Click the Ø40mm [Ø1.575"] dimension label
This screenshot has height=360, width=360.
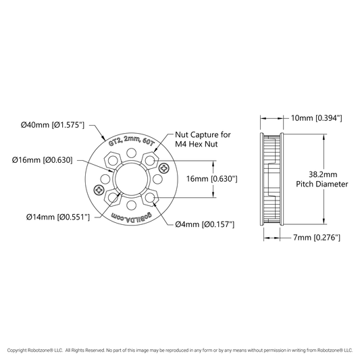click(53, 125)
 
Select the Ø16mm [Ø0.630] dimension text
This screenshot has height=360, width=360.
click(43, 160)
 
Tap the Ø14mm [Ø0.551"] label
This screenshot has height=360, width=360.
click(58, 217)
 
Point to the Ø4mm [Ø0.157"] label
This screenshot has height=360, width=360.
click(205, 224)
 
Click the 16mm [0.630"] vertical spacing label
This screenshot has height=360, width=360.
click(211, 179)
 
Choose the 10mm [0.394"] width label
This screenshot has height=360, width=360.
click(317, 118)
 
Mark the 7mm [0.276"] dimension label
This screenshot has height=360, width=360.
click(317, 237)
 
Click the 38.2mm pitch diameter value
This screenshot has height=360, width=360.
click(323, 174)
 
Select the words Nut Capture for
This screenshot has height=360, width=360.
click(203, 134)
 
